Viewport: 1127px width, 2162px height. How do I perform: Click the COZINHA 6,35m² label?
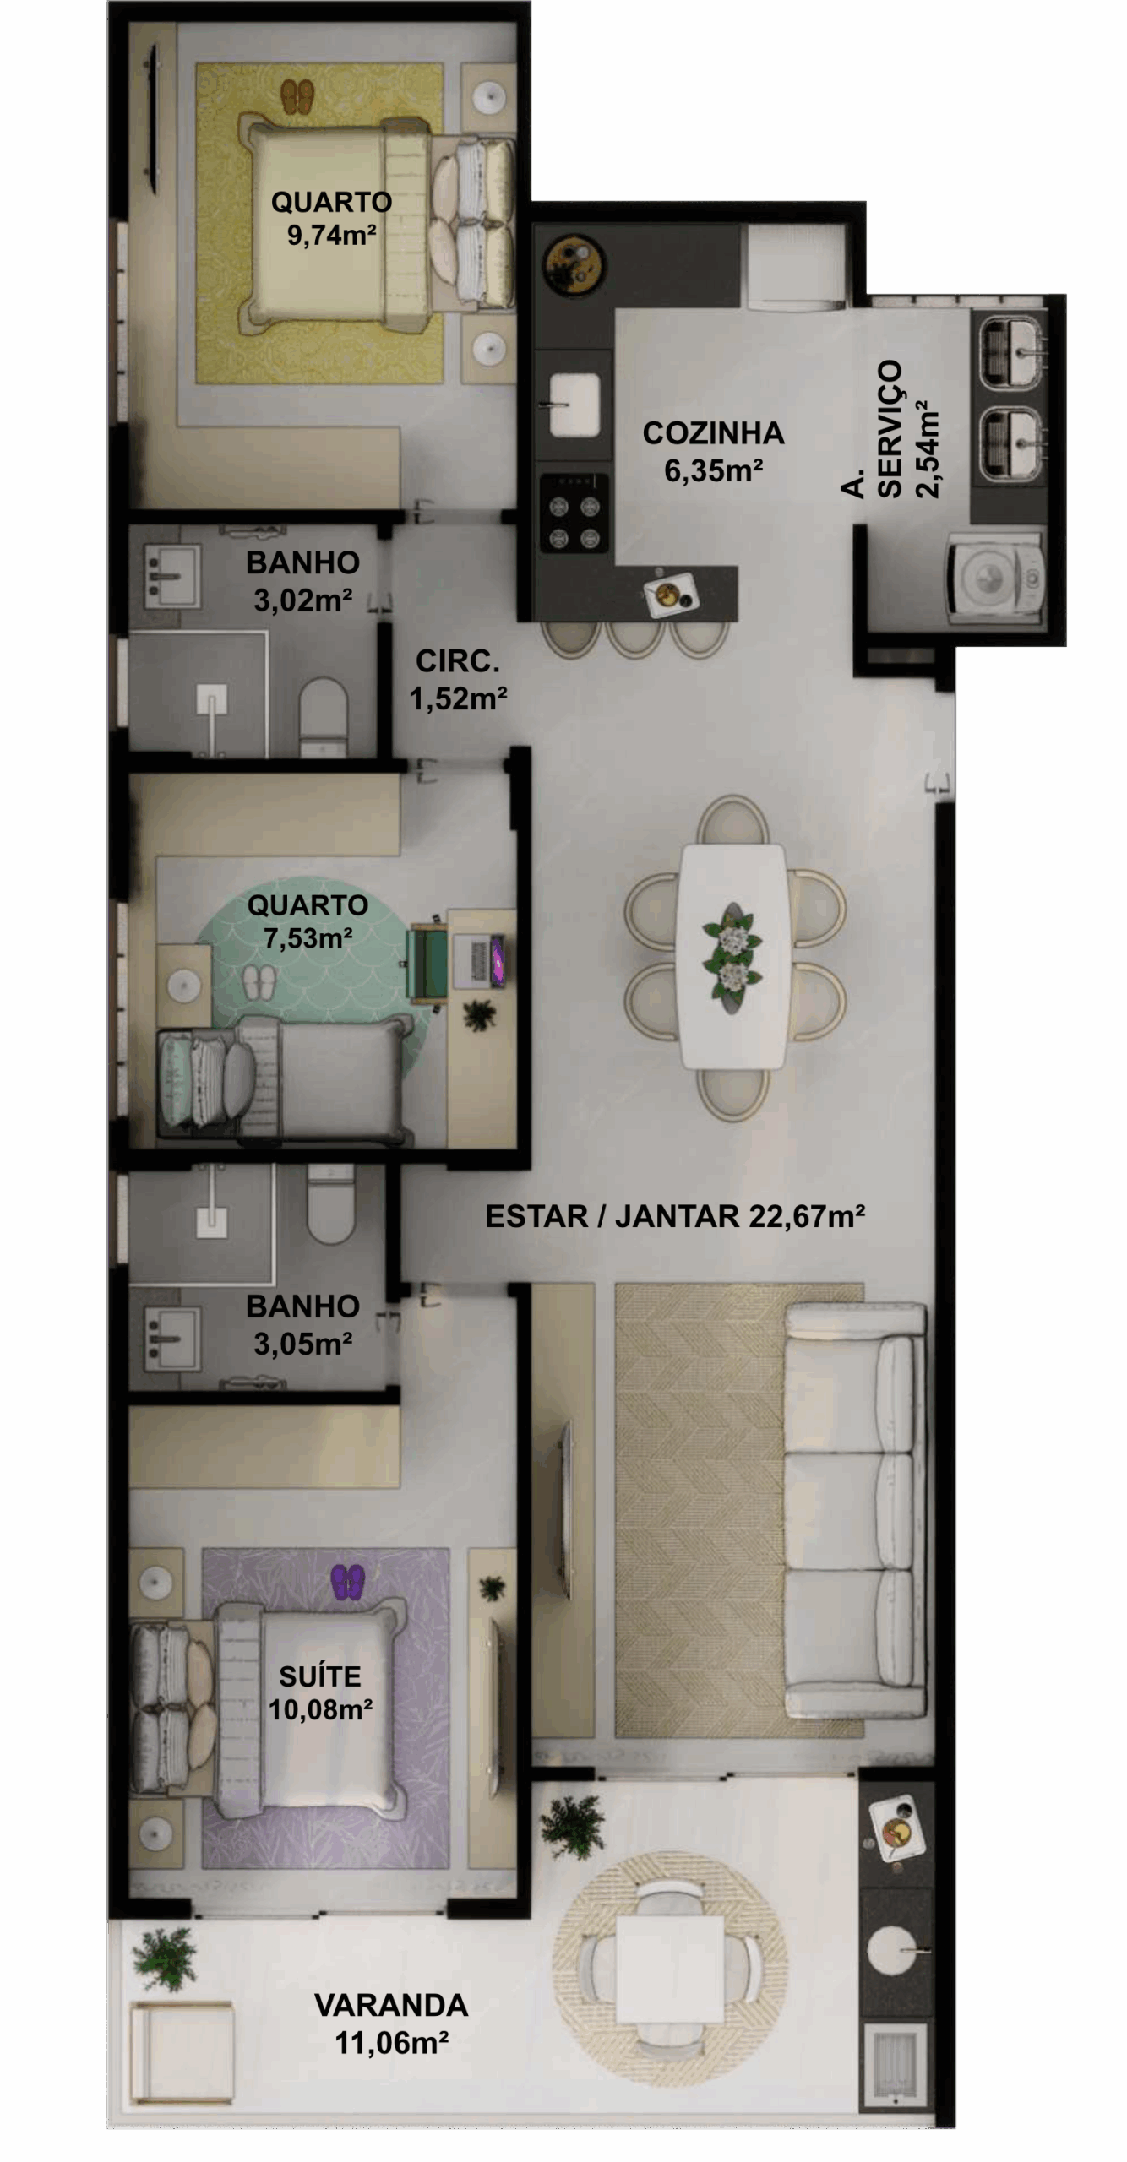click(714, 452)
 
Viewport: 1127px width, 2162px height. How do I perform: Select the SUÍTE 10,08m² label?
click(320, 1692)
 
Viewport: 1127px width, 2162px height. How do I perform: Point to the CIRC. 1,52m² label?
click(458, 680)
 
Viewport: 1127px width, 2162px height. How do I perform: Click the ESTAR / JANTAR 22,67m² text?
click(675, 1216)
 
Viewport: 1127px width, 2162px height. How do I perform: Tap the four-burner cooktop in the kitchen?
click(574, 513)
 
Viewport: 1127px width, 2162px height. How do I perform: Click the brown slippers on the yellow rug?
click(297, 97)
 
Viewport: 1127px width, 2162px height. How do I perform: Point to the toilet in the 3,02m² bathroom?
click(323, 716)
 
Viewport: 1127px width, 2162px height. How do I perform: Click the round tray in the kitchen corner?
click(573, 261)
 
